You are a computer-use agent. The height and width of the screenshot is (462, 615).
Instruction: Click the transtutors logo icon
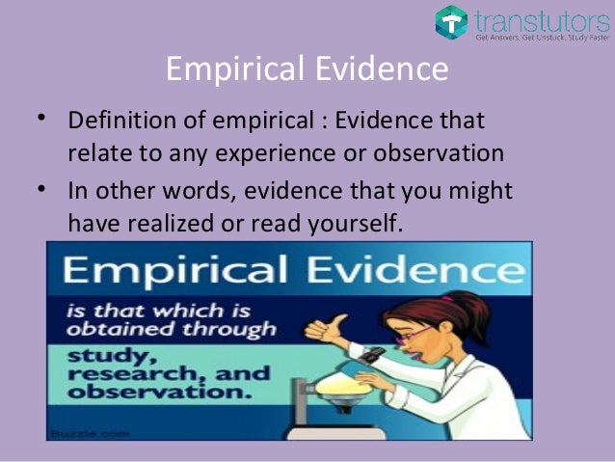[451, 21]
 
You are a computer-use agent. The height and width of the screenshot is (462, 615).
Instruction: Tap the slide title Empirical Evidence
[307, 70]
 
